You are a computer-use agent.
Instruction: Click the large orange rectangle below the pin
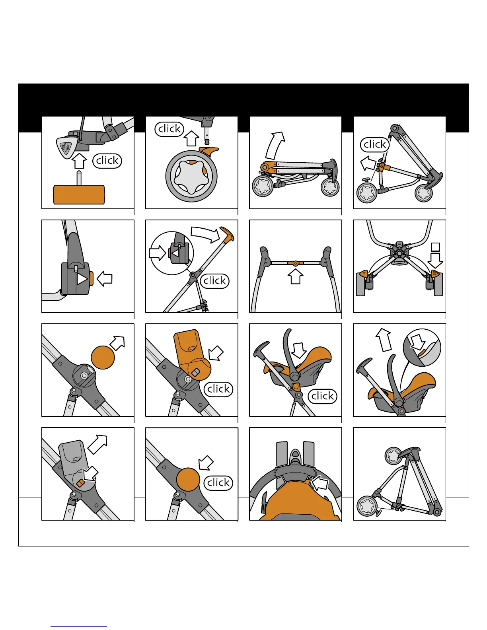click(79, 195)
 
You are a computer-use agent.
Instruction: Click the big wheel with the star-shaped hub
click(191, 176)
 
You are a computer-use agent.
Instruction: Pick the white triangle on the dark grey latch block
click(82, 279)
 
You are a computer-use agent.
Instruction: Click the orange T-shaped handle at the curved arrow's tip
click(227, 234)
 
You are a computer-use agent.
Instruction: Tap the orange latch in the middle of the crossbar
click(296, 263)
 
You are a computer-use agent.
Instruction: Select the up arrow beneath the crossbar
click(296, 276)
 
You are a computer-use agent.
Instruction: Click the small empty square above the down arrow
click(435, 247)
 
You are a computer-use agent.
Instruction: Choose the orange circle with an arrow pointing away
click(103, 358)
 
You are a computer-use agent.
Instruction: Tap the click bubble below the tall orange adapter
click(218, 389)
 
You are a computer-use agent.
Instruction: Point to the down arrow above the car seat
click(298, 350)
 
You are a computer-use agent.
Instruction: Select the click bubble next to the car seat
click(322, 396)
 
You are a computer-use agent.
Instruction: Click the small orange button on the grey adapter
click(80, 483)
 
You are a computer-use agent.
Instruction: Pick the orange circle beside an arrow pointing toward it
click(188, 479)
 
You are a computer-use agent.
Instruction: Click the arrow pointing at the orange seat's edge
click(319, 483)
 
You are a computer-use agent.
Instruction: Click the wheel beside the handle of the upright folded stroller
click(393, 455)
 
